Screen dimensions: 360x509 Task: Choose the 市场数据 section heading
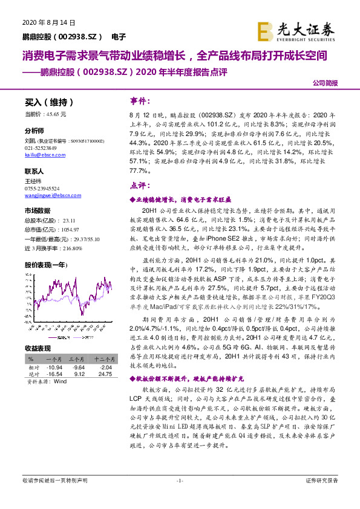coord(37,210)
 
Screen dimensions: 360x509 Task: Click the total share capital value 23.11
coord(68,221)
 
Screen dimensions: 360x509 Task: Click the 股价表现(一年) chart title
coord(46,264)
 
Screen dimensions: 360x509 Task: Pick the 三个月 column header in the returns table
coord(76,359)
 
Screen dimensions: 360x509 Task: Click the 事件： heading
coord(141,100)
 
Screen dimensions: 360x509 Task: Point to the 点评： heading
coord(141,186)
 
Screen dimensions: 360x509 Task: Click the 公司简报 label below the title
coord(326,83)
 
